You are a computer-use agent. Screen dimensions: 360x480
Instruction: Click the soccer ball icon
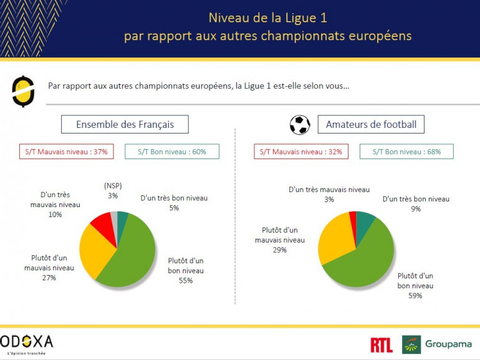300,125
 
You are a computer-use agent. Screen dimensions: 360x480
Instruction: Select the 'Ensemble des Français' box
125,125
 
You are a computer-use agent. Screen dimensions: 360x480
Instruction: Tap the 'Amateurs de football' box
371,125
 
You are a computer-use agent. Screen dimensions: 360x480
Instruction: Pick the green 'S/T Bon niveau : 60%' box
171,152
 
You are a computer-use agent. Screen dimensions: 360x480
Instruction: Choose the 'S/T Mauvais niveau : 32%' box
300,152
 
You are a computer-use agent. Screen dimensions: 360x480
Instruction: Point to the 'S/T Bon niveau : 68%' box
406,152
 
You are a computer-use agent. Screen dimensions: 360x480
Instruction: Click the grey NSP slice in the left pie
114,218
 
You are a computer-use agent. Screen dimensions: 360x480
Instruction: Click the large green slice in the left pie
131,256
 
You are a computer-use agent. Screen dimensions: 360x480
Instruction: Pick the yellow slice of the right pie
334,240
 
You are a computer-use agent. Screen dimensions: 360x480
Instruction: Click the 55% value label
185,280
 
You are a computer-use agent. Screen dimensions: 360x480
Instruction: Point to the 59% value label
415,295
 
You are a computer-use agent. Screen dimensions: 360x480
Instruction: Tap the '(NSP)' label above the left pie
113,185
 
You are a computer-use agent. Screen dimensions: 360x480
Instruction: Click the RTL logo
381,344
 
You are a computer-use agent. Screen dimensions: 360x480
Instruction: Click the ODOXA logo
27,342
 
